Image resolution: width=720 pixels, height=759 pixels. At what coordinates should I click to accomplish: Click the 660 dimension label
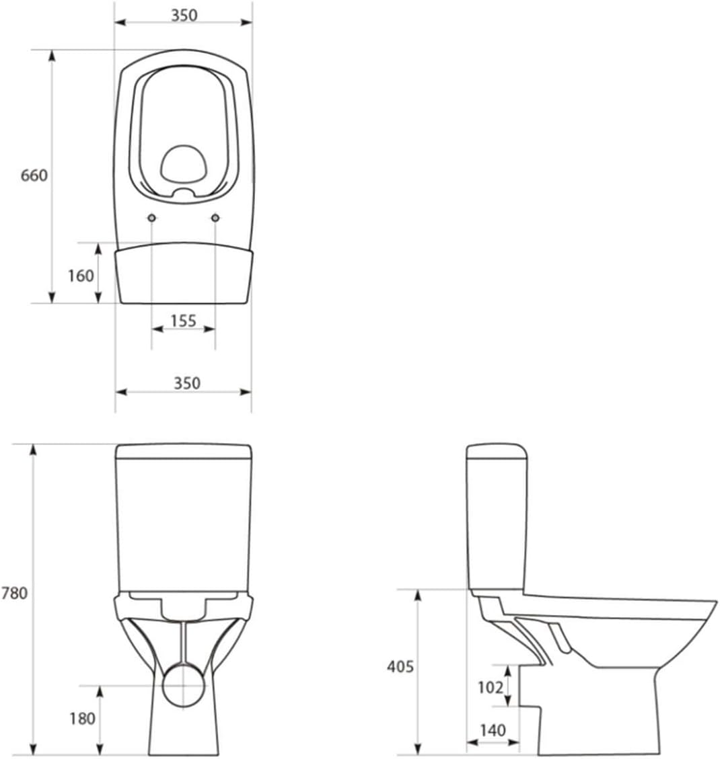34,175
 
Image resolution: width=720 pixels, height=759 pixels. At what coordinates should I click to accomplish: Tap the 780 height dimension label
15,593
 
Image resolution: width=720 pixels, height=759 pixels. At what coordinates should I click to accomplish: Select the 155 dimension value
183,321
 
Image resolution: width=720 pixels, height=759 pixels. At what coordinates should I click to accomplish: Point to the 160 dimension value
81,276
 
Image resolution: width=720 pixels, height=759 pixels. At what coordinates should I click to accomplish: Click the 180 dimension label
82,719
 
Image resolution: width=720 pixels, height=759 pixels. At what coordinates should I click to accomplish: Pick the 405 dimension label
400,666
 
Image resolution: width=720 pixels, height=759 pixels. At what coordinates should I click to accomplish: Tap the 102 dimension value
491,687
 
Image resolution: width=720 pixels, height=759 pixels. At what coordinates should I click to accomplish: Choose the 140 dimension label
493,730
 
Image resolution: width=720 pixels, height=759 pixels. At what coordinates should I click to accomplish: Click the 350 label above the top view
184,15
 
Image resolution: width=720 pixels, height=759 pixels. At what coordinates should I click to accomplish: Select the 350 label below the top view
187,383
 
